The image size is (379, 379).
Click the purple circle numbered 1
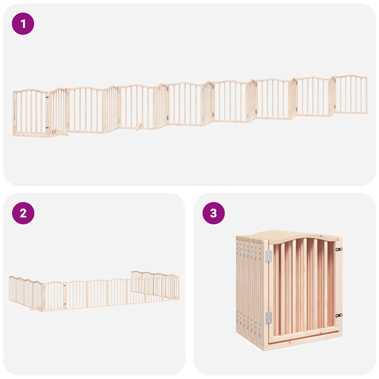tap(23, 24)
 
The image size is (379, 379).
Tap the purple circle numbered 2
tap(23, 213)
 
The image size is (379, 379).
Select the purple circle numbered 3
tap(214, 213)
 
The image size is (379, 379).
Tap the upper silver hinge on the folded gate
tap(269, 256)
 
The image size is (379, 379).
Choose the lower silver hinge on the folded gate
tap(269, 317)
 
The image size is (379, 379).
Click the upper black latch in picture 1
tap(47, 97)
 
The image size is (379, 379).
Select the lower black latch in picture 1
tap(47, 128)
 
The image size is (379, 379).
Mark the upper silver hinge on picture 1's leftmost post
tap(14, 97)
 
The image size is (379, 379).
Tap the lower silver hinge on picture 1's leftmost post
tap(14, 123)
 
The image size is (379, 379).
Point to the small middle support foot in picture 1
tap(140, 127)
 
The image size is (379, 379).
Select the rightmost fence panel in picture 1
tap(350, 94)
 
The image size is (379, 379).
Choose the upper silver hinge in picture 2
tap(44, 286)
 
